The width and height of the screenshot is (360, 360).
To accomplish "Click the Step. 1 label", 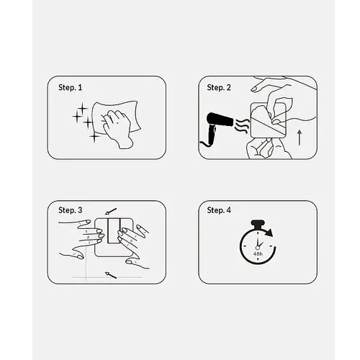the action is [x=70, y=88].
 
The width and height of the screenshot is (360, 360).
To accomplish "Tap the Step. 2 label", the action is [x=219, y=88].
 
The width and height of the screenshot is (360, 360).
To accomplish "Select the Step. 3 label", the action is [x=71, y=210].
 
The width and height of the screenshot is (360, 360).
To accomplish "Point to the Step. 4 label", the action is [x=219, y=210].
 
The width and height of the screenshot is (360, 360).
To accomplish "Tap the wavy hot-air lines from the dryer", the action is [x=241, y=126].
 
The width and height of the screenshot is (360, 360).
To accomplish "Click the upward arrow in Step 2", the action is [x=300, y=138].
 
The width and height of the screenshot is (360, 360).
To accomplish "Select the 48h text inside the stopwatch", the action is [x=258, y=253].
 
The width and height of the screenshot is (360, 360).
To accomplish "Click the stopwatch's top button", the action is [x=258, y=224].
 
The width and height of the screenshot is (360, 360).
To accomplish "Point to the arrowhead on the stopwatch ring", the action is [x=270, y=233].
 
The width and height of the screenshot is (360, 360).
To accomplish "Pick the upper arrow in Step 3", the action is [x=111, y=211].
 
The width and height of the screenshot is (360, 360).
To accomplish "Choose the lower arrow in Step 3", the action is [x=111, y=275].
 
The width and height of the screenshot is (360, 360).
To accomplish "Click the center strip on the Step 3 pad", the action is [x=114, y=231].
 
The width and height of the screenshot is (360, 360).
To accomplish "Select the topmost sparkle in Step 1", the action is [x=82, y=108].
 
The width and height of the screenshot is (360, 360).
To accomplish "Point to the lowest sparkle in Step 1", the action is [x=94, y=137].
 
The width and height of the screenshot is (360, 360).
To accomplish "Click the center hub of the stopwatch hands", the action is [x=258, y=248].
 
